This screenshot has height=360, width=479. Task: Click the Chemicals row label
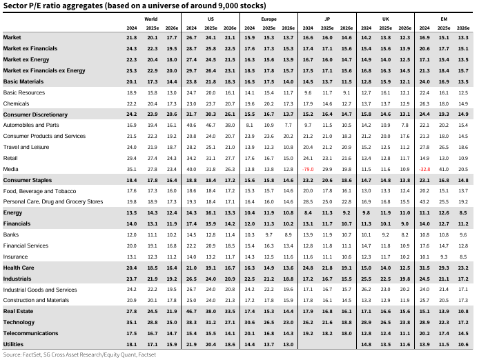[17, 103]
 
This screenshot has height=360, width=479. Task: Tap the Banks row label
[12, 234]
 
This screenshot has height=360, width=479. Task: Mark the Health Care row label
[19, 268]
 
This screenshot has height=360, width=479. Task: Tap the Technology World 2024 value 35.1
[132, 322]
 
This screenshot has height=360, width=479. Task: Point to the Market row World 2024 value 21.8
[132, 37]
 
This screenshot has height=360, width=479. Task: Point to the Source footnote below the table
[79, 354]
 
